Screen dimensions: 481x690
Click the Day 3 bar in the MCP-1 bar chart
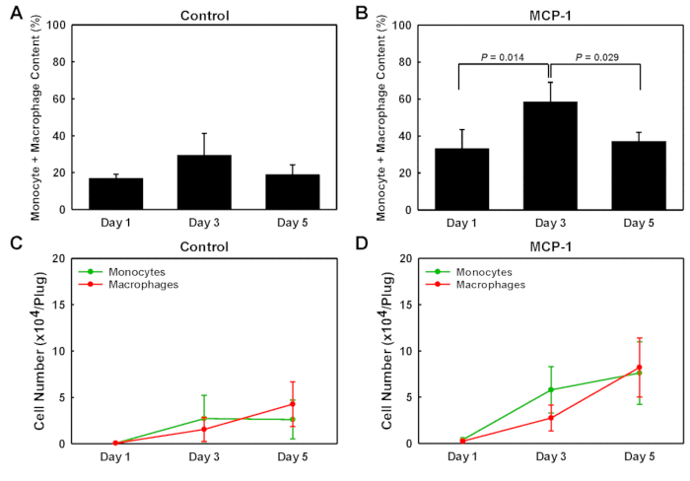(x=549, y=156)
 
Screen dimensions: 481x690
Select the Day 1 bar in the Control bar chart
(x=116, y=193)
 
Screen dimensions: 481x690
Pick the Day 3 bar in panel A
(x=204, y=182)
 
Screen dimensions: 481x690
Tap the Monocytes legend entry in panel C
(x=114, y=270)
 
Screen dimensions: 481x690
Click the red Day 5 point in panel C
(x=291, y=404)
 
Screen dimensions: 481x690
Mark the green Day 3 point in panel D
(x=550, y=389)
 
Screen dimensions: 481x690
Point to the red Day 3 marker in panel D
(x=550, y=418)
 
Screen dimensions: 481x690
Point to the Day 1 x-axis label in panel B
(x=459, y=222)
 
